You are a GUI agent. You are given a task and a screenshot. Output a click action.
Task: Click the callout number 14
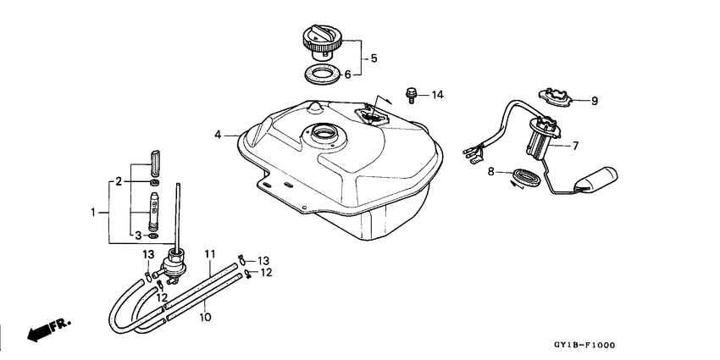[x=437, y=94]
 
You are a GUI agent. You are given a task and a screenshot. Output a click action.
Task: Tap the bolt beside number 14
[x=413, y=93]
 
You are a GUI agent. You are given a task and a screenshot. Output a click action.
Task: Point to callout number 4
[x=218, y=134]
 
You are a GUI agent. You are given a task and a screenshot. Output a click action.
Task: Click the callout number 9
[x=595, y=101]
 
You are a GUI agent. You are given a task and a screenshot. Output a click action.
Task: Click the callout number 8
[x=490, y=172]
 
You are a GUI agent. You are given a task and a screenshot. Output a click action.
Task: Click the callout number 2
[x=119, y=181]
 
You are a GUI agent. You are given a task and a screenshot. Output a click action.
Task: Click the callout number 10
[x=205, y=318]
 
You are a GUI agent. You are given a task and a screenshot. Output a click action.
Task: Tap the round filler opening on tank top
[x=324, y=133]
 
